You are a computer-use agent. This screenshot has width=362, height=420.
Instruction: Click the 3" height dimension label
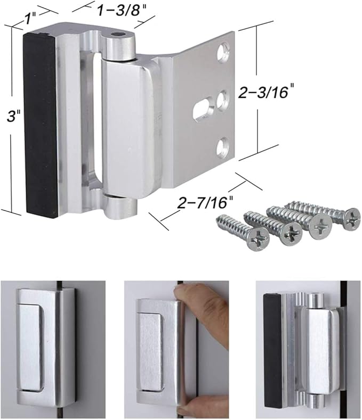[9, 117]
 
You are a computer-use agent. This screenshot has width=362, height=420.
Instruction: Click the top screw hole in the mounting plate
[223, 51]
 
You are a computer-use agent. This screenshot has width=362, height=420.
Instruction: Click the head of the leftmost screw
[257, 240]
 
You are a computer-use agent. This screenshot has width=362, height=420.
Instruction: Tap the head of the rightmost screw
[352, 217]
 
